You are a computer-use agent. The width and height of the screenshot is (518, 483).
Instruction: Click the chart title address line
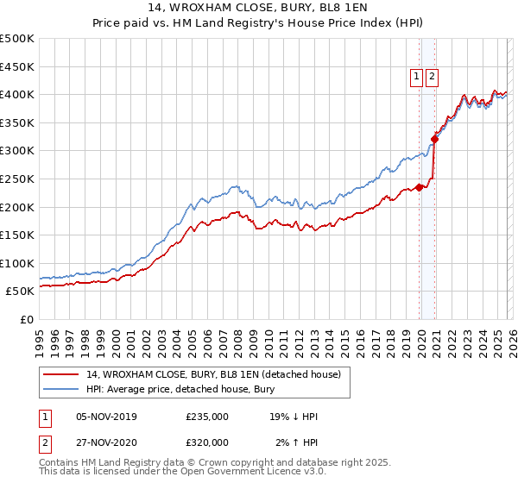click(x=259, y=10)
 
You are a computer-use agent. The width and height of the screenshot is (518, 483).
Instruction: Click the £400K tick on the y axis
click(x=17, y=94)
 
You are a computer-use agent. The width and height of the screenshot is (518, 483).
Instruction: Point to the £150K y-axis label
click(x=17, y=235)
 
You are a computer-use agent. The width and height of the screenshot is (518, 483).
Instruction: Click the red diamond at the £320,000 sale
click(x=435, y=139)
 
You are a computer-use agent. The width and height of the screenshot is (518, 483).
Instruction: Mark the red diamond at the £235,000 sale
click(x=420, y=187)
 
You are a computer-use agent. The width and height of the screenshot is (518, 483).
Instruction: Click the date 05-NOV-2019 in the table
click(x=107, y=417)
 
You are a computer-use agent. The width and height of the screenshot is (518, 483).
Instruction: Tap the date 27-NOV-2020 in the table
click(x=107, y=442)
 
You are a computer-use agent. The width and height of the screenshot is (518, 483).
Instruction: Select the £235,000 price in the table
click(x=207, y=417)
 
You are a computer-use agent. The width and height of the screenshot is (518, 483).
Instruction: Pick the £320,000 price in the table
click(x=207, y=442)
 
